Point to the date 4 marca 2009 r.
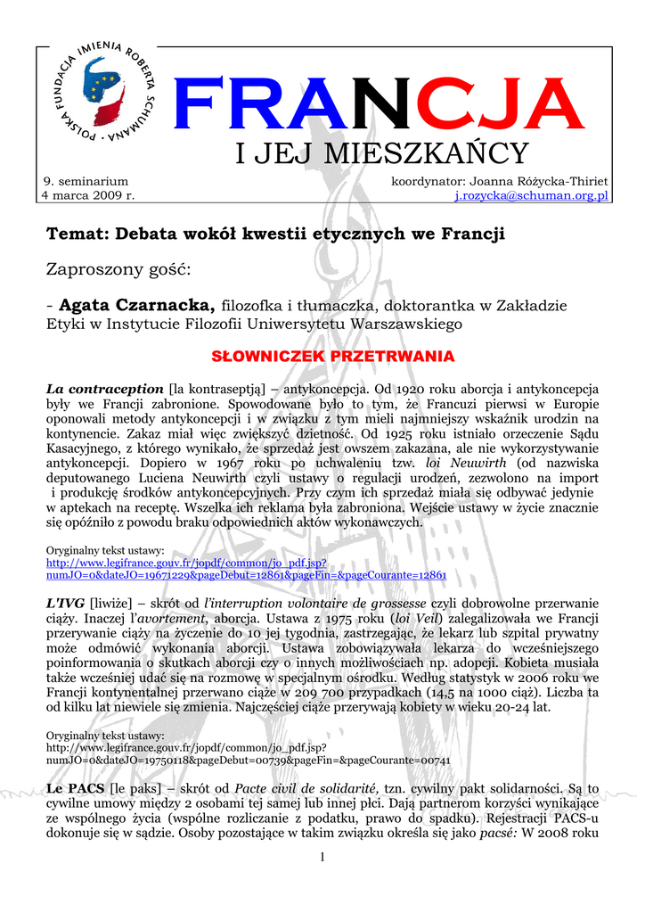click(x=89, y=194)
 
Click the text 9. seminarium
click(x=86, y=181)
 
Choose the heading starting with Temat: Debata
click(x=275, y=234)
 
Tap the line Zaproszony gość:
click(x=119, y=269)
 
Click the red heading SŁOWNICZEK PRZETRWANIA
click(x=332, y=357)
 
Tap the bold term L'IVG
click(x=63, y=604)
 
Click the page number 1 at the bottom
click(x=322, y=858)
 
